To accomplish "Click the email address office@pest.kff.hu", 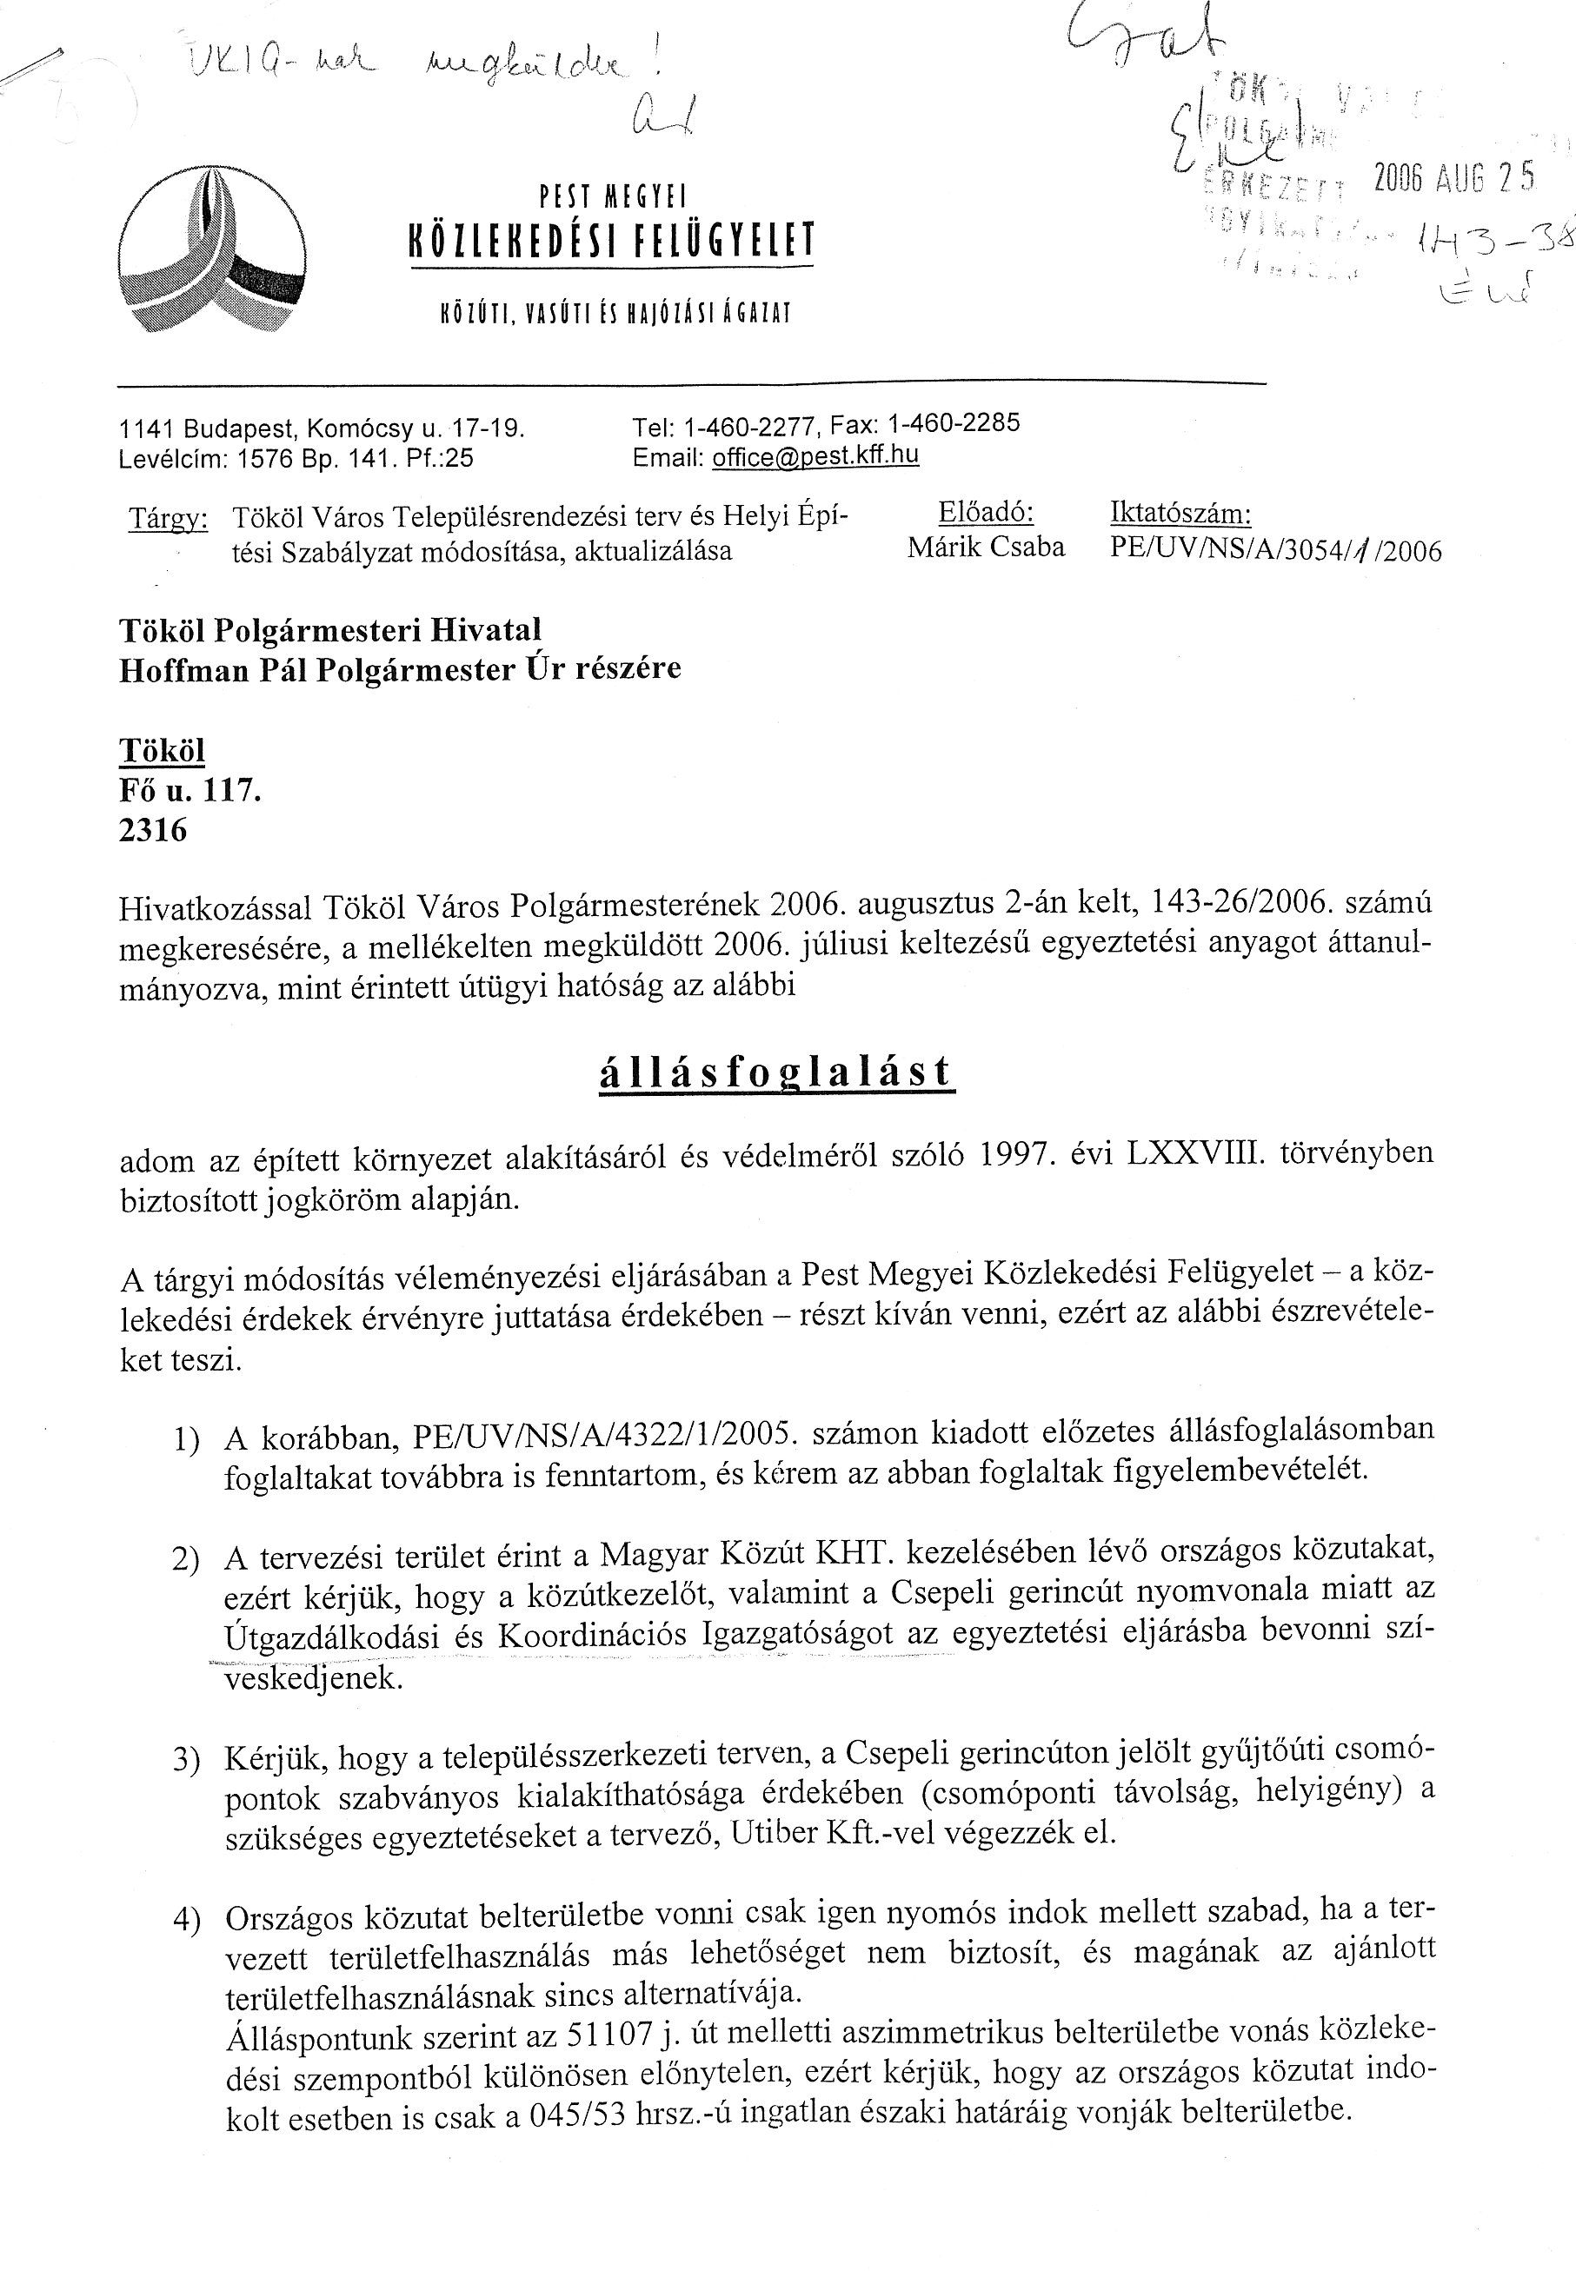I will pyautogui.click(x=815, y=455).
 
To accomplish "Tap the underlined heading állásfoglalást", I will pyautogui.click(x=776, y=1072).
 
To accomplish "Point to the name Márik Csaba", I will pyautogui.click(x=986, y=547).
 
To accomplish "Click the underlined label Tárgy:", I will pyautogui.click(x=168, y=518).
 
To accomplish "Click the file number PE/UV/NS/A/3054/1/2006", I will pyautogui.click(x=1276, y=549).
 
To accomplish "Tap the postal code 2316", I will pyautogui.click(x=152, y=830).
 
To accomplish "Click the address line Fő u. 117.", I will pyautogui.click(x=190, y=790).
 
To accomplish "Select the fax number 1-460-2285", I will pyautogui.click(x=954, y=423).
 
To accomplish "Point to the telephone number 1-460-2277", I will pyautogui.click(x=749, y=426).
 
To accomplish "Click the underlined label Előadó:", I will pyautogui.click(x=985, y=513).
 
